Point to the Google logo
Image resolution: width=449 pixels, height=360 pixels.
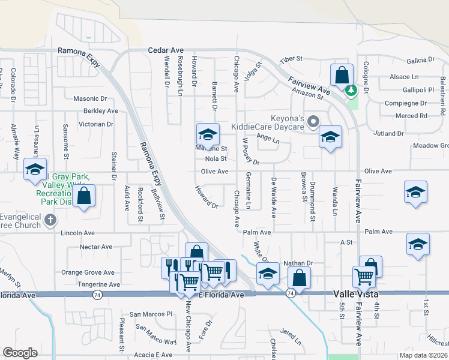pyautogui.click(x=20, y=353)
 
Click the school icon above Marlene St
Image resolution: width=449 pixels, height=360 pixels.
pyautogui.click(x=207, y=134)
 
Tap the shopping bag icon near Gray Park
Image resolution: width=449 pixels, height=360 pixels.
pyautogui.click(x=84, y=195)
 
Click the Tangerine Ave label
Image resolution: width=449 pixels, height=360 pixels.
pyautogui.click(x=98, y=284)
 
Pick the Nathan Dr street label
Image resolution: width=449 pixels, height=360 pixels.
pyautogui.click(x=298, y=263)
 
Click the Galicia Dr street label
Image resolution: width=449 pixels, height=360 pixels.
pyautogui.click(x=420, y=60)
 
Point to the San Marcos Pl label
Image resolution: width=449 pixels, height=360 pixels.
pyautogui.click(x=151, y=314)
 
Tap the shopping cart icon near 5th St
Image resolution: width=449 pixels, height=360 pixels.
pyautogui.click(x=364, y=277)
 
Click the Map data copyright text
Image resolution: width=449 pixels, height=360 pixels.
pyautogui.click(x=423, y=355)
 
